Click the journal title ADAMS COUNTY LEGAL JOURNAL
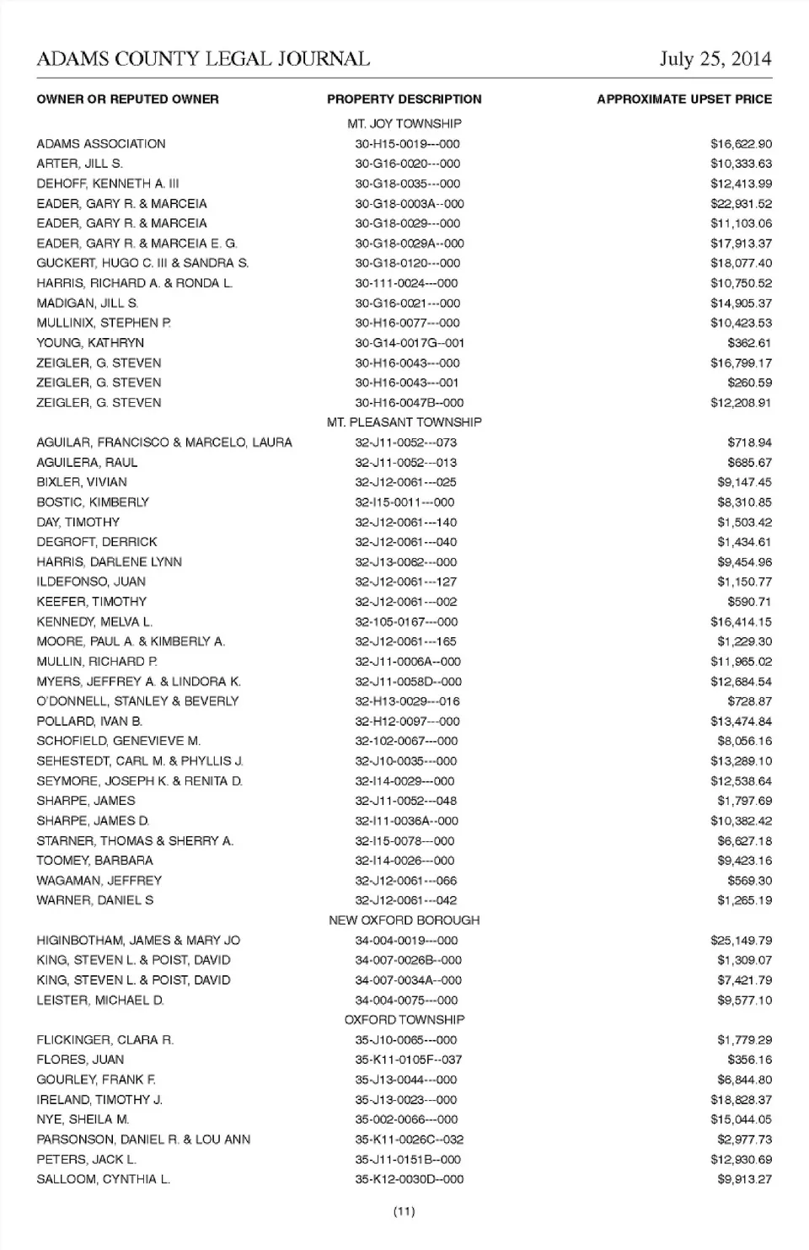pos(203,59)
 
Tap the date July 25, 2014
pos(715,59)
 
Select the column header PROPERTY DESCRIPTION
pos(404,99)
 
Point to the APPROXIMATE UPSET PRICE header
pos(683,99)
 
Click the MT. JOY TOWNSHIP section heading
pos(404,124)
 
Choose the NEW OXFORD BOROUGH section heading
pos(404,920)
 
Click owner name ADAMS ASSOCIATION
pos(101,144)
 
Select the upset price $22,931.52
pos(741,204)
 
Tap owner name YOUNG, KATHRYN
pos(90,343)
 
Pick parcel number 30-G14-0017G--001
pos(409,343)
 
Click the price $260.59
pos(749,383)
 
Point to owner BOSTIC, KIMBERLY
pos(93,502)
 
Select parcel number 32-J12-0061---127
pos(406,582)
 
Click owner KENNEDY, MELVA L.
pos(94,622)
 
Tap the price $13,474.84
pos(741,722)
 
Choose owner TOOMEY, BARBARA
pos(94,861)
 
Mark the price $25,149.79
pos(741,941)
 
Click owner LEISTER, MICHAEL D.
pos(100,1001)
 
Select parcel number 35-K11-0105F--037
pos(409,1060)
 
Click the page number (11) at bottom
pos(404,1212)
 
